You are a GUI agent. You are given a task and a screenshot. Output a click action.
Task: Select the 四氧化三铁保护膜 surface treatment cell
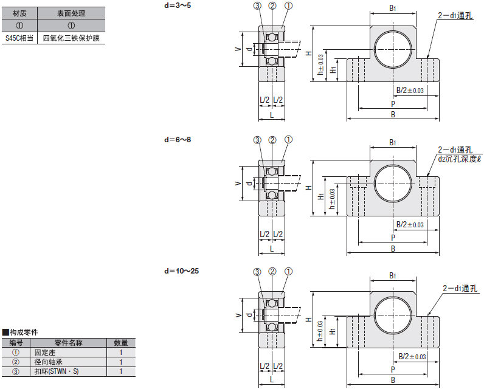71,38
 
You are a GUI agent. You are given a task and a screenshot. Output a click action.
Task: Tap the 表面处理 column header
71,13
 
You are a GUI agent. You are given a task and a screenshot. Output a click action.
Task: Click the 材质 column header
19,13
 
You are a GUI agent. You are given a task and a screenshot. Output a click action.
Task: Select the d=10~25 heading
182,270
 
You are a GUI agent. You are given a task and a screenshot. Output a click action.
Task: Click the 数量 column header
120,343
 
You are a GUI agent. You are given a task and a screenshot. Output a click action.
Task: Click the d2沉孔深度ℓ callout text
459,159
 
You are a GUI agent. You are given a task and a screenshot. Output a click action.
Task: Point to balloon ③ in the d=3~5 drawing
257,6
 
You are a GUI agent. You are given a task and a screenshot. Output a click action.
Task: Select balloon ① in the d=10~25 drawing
288,272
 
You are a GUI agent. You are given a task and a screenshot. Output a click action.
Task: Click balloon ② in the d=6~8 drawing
273,140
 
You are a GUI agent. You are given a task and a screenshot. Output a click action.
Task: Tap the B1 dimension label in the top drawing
393,8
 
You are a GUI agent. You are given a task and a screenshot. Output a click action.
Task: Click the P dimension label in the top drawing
393,103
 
